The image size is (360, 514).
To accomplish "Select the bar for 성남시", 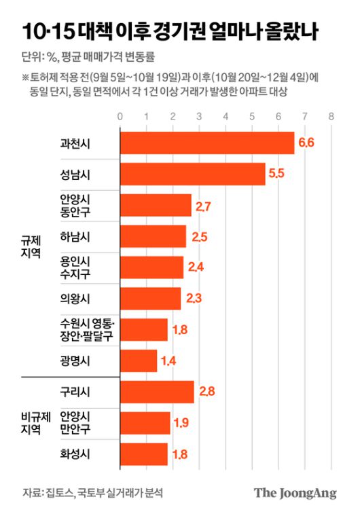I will (x=193, y=174).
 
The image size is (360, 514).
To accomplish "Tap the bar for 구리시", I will (x=157, y=392).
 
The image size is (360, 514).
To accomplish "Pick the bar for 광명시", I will (x=139, y=360).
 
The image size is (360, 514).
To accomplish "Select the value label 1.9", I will (x=181, y=423).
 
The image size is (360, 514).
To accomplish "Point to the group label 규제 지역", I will (x=31, y=246).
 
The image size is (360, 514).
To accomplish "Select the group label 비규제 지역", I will (x=31, y=423).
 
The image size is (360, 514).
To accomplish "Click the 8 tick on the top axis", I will (x=331, y=116).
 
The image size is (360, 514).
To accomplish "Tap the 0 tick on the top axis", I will (x=120, y=116).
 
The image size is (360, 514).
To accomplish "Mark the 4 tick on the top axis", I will (x=226, y=116).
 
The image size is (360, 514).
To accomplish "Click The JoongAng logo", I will (x=295, y=493).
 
